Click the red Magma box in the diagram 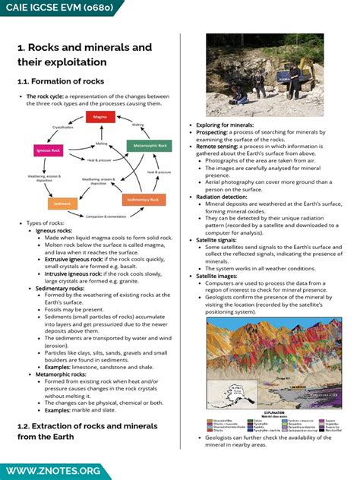click(x=100, y=117)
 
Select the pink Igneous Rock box click(x=47, y=150)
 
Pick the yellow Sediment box click(x=62, y=204)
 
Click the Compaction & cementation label click(x=106, y=216)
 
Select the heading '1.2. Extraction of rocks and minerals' click(x=77, y=426)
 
